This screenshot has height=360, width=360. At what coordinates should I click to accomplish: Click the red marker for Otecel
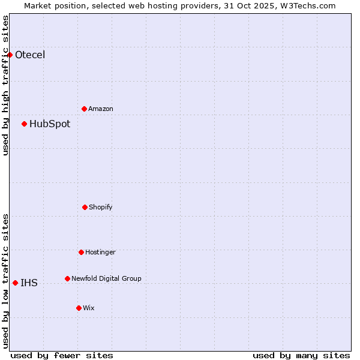[10, 55]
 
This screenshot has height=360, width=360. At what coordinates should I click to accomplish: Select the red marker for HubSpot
[24, 124]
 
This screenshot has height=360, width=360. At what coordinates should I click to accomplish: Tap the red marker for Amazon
[84, 109]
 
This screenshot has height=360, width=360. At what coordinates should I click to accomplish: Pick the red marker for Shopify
[85, 207]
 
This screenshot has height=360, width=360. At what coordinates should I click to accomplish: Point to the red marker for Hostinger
[81, 252]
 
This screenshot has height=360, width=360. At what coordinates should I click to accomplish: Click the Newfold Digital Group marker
[67, 278]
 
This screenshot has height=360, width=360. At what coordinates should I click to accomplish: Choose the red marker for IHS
[15, 283]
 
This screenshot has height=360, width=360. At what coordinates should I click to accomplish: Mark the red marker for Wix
[79, 308]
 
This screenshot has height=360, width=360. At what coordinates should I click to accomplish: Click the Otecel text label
[30, 55]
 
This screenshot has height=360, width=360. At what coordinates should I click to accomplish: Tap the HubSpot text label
[50, 124]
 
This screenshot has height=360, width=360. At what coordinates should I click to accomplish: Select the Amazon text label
[101, 109]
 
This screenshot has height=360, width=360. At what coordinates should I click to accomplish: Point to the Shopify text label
[101, 207]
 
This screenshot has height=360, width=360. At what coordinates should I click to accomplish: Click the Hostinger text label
[100, 252]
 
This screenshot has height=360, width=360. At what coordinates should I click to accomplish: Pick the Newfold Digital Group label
[106, 278]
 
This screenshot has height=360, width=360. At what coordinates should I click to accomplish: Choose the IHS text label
[29, 283]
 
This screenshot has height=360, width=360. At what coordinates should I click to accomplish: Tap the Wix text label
[89, 308]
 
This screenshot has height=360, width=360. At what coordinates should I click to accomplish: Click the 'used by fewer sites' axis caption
[62, 355]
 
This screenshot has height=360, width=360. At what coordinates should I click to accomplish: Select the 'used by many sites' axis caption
[301, 355]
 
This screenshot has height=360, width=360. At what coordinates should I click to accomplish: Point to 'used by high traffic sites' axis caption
[5, 85]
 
